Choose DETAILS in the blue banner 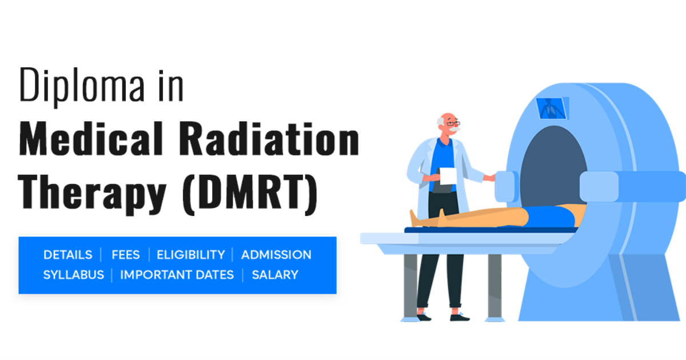click(67, 255)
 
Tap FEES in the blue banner click(125, 255)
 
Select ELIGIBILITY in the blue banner click(190, 255)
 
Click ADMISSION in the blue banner click(276, 255)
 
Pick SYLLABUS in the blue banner click(74, 275)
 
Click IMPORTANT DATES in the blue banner click(177, 275)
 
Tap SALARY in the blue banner click(275, 275)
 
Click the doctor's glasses click(452, 123)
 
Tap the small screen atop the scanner click(552, 107)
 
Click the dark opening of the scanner click(552, 163)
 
